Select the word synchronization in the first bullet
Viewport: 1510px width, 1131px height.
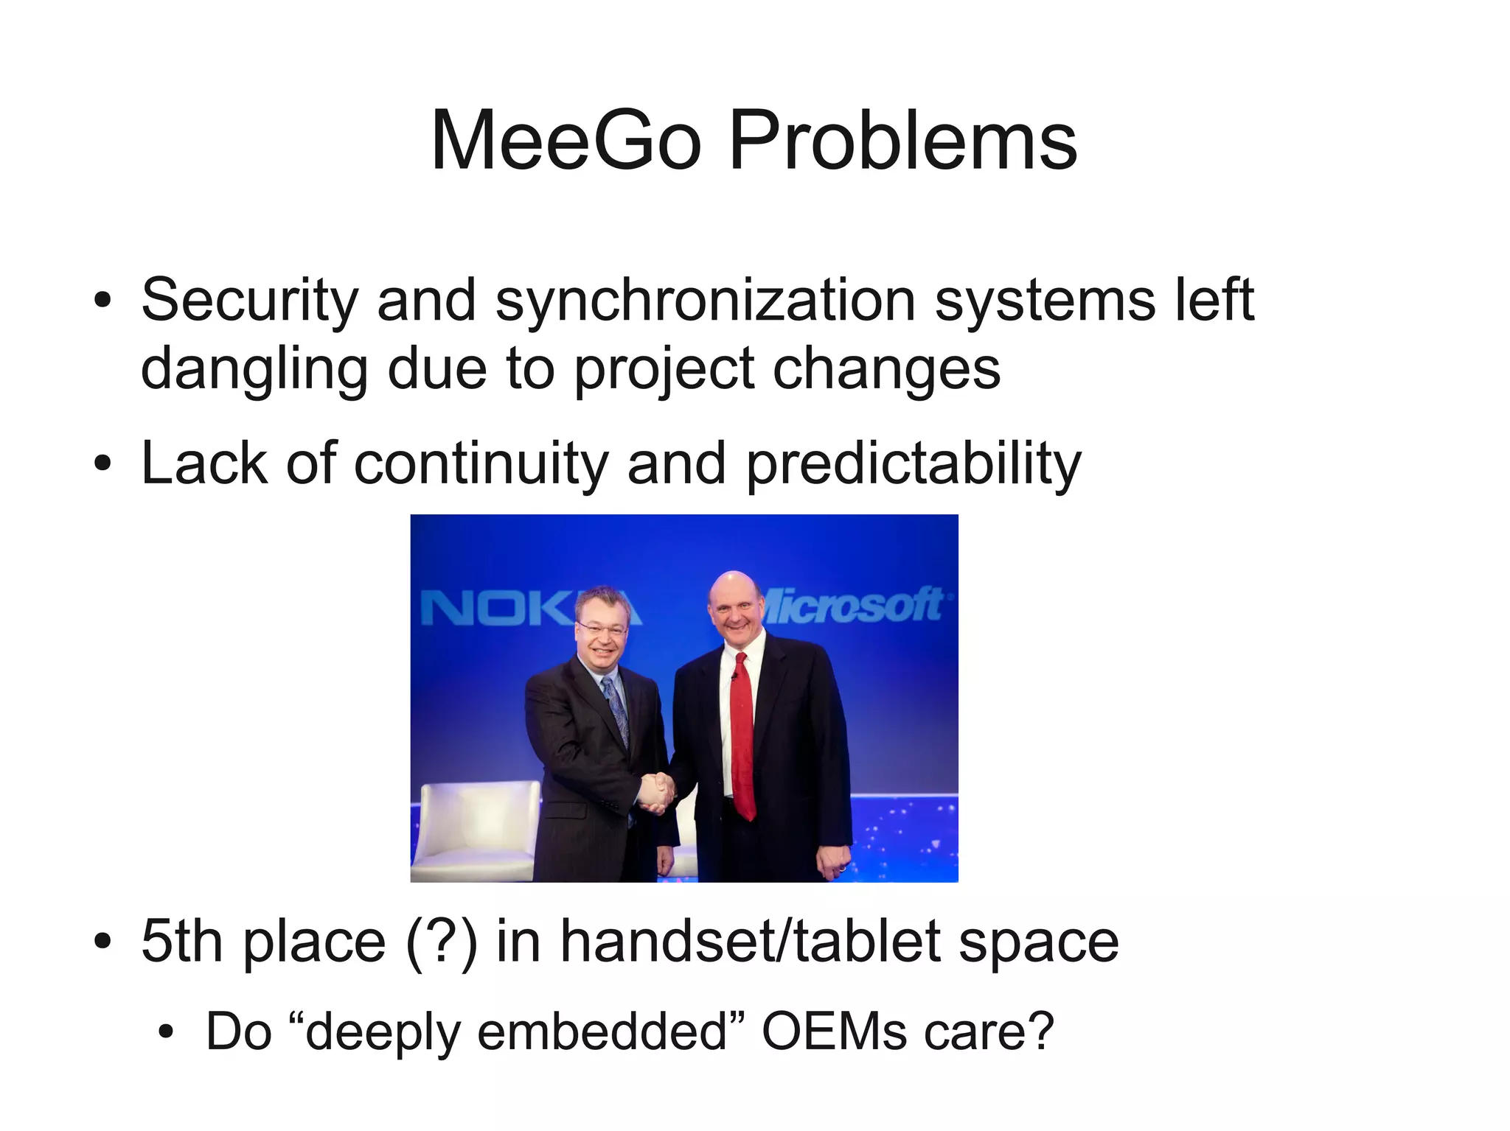(705, 301)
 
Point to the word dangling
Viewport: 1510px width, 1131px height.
(254, 368)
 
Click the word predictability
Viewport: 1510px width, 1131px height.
(914, 464)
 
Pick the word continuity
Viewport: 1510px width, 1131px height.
(481, 464)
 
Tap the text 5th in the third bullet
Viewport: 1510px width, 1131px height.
(181, 941)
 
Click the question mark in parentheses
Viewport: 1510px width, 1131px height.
(441, 941)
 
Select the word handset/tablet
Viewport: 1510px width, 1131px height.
(749, 941)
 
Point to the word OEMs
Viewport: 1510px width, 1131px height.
(834, 1031)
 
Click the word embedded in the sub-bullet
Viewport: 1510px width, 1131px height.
(603, 1031)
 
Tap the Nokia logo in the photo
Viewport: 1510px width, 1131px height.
(501, 609)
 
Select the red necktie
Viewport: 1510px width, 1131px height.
(743, 737)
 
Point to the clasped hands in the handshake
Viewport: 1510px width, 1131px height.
(655, 791)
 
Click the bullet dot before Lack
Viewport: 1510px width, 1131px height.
(102, 464)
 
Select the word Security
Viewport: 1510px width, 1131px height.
(249, 301)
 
